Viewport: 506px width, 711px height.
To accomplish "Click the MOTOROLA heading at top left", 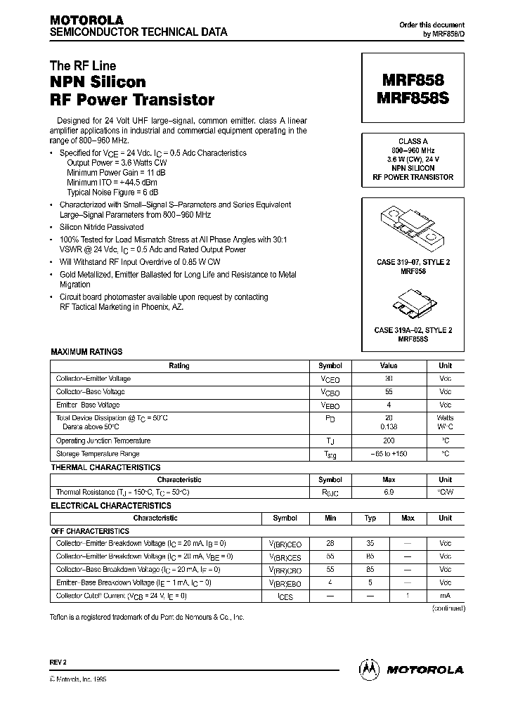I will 86,20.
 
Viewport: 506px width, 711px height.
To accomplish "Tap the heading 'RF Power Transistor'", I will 132,100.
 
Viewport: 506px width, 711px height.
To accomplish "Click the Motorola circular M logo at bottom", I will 368,670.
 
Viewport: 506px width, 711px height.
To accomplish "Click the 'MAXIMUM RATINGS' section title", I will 86,352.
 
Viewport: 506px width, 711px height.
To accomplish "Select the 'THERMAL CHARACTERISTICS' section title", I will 105,467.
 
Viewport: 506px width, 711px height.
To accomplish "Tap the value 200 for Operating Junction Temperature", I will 389,441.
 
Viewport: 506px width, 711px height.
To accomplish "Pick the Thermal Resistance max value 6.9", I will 389,493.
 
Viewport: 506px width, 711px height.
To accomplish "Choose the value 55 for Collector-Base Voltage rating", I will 389,392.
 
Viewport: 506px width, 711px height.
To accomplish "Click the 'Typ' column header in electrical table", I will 370,518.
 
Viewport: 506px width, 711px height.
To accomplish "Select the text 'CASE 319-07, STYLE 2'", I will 413,262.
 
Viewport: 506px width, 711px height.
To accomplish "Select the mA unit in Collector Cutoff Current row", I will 445,596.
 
